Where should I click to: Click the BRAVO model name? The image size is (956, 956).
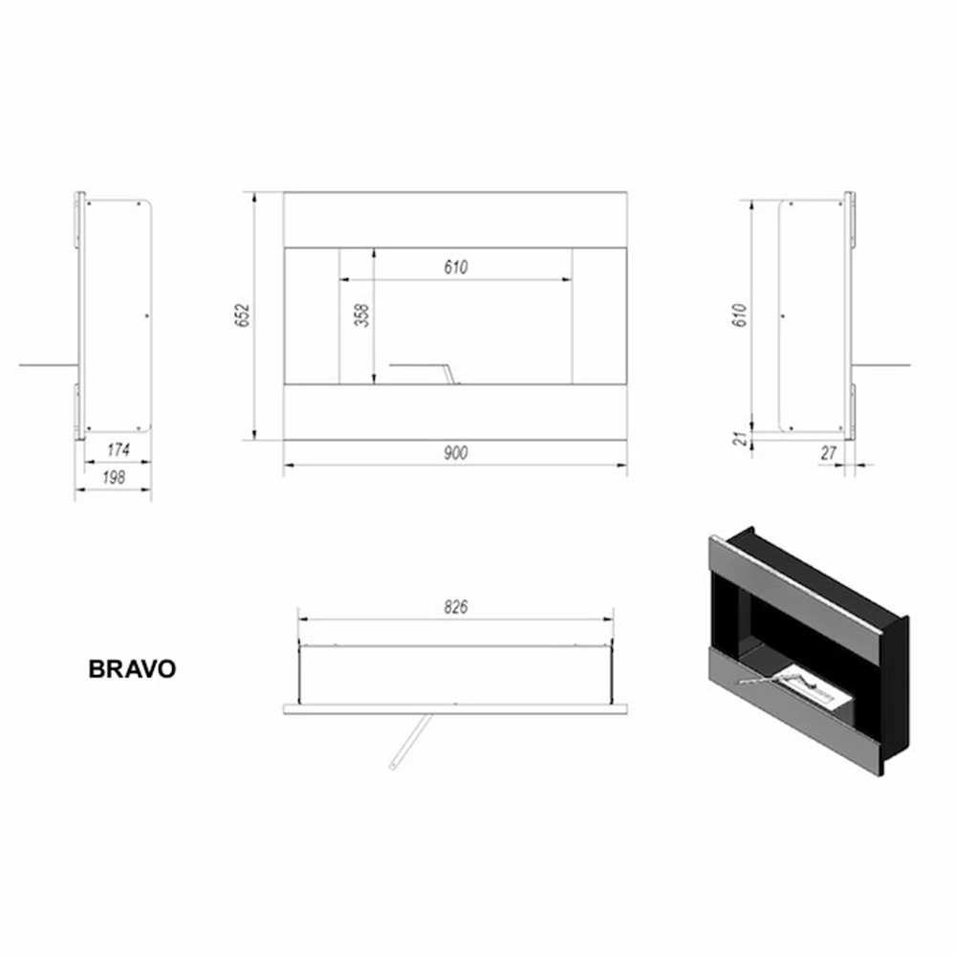(132, 669)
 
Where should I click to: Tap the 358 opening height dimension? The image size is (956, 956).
(361, 316)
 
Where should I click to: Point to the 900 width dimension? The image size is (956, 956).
(456, 453)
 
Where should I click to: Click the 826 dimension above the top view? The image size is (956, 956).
(456, 607)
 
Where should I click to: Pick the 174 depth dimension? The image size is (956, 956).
(118, 449)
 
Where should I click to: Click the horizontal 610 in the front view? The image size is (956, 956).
(456, 268)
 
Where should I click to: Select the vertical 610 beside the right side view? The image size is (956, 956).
(738, 316)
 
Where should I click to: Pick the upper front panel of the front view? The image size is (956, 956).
(455, 219)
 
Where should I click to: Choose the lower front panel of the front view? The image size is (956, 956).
(455, 412)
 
